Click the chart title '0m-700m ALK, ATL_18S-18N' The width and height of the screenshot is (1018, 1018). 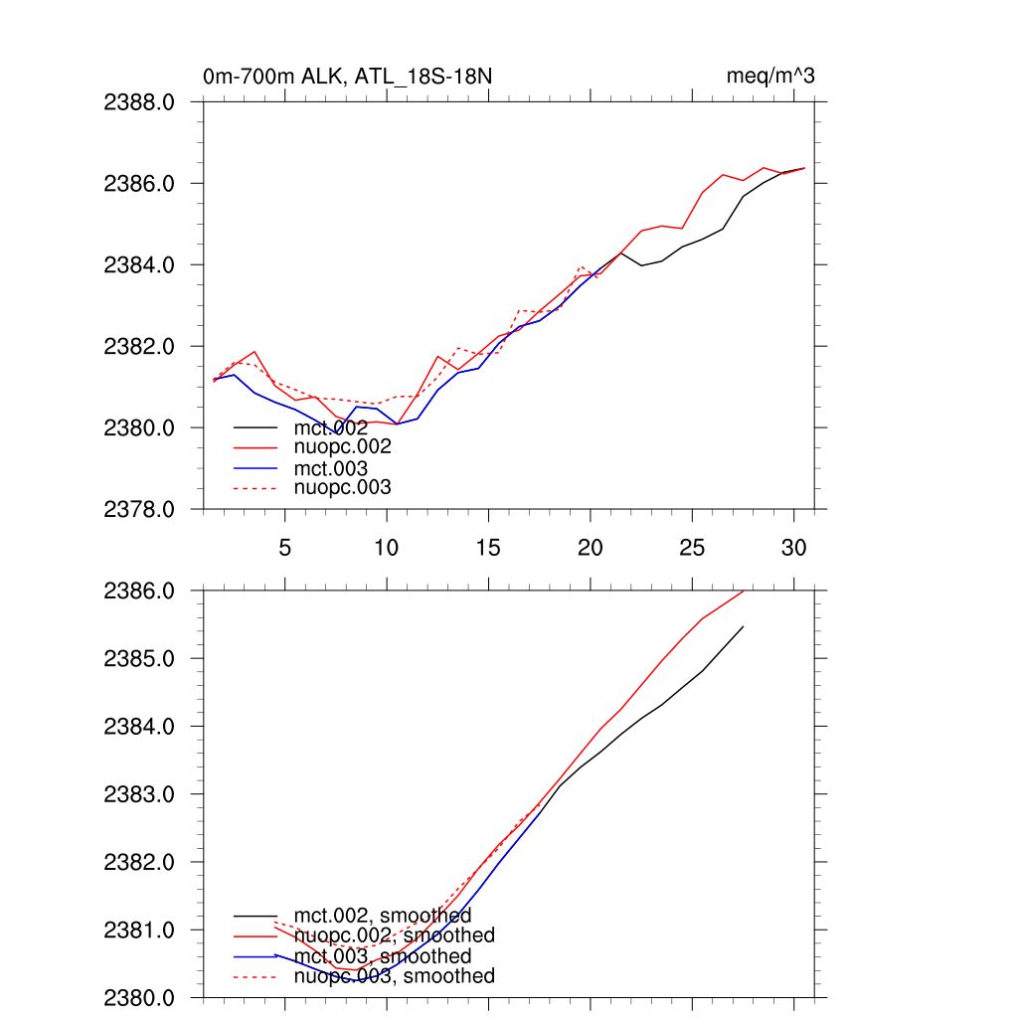pyautogui.click(x=346, y=77)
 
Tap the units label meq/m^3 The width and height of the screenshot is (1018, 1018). pyautogui.click(x=771, y=77)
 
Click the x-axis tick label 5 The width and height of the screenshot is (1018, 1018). pyautogui.click(x=285, y=547)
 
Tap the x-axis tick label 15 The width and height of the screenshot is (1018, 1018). pyautogui.click(x=488, y=547)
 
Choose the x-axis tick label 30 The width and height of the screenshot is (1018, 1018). pyautogui.click(x=793, y=547)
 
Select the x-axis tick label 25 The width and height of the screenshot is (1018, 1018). pyautogui.click(x=692, y=547)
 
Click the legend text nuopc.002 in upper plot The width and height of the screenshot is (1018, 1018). pyautogui.click(x=343, y=447)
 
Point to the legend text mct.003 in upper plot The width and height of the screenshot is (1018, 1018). pyautogui.click(x=331, y=468)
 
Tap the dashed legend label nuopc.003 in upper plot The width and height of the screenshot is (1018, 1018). pyautogui.click(x=343, y=488)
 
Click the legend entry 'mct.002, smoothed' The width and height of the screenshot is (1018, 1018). pyautogui.click(x=383, y=916)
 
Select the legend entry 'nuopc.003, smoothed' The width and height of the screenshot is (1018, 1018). pyautogui.click(x=395, y=976)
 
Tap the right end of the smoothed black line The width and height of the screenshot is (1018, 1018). pyautogui.click(x=743, y=626)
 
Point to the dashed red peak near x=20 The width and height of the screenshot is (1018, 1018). pyautogui.click(x=582, y=266)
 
